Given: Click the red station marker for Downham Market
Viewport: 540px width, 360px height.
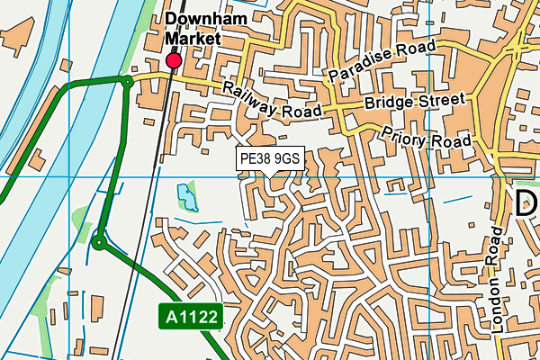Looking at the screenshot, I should pos(174,60).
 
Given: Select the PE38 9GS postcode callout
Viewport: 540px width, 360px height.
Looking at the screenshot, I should pos(270,158).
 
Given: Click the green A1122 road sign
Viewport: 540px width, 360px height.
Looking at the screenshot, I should pos(190,316).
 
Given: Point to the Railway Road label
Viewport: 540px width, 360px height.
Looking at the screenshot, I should pos(273,99).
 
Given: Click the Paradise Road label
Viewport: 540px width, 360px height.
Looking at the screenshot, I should pos(382,60).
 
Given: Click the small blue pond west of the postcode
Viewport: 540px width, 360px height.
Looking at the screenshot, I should pos(186,196).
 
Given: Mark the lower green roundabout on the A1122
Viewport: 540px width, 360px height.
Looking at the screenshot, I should pos(99,241).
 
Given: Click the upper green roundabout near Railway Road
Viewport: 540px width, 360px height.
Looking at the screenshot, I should pos(128,81).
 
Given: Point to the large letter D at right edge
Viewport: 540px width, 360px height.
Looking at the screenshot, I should pos(526,202).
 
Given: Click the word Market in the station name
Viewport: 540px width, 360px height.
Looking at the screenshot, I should pos(193,39).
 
